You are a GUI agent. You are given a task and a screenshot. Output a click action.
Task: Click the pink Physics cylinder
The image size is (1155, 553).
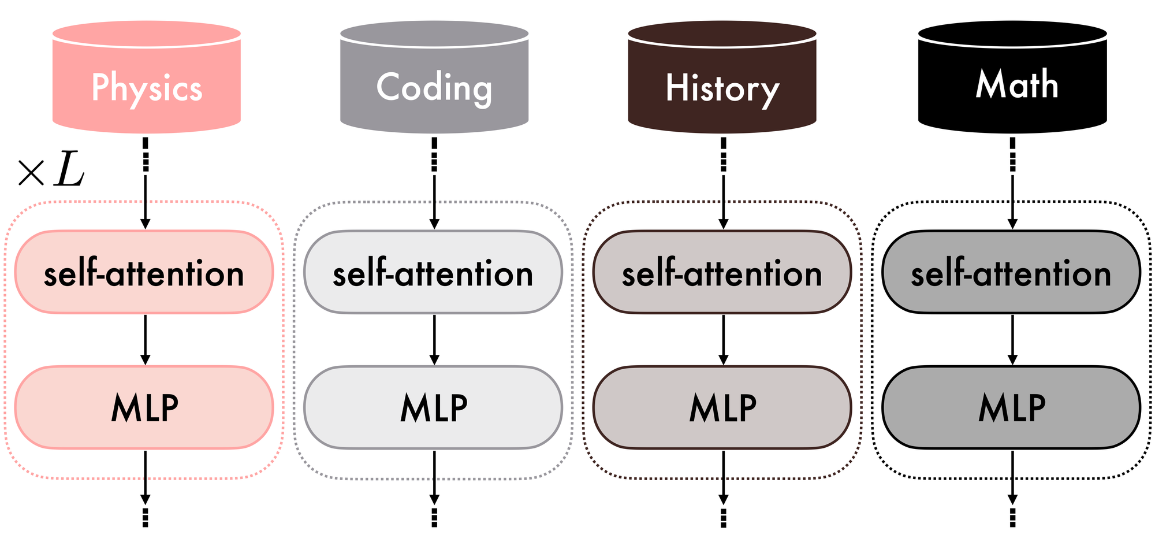point(146,78)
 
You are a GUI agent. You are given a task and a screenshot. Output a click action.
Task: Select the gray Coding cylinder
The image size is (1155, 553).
point(434,78)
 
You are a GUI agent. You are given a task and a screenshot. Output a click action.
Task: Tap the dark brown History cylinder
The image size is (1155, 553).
point(722,78)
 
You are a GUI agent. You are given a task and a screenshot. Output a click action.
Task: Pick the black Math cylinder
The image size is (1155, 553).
point(1012,78)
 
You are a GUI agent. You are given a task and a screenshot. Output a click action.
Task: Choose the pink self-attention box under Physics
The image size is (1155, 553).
point(144,272)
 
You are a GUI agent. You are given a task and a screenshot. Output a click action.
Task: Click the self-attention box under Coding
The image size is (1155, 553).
point(433,272)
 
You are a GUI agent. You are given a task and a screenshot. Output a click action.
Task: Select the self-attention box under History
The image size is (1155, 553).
point(722,272)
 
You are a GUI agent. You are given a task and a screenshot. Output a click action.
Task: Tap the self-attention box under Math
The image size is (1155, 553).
point(1011,272)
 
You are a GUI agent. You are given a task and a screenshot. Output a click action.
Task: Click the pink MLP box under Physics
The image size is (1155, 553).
point(144,407)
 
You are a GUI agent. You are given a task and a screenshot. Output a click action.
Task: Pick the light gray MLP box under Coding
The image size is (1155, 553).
point(433,407)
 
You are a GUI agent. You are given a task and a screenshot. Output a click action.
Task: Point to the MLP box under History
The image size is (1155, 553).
point(722,407)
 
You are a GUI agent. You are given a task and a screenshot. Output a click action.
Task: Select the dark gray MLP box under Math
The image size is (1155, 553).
point(1011,407)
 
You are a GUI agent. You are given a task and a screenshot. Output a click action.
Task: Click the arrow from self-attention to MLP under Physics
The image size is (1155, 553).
point(146,340)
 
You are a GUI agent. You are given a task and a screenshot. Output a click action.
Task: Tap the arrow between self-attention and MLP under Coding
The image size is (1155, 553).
point(434,340)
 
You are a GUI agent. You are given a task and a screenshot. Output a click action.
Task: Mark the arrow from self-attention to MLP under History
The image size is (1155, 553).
point(724,340)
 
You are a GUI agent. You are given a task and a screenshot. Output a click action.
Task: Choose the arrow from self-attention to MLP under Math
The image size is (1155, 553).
point(1012,340)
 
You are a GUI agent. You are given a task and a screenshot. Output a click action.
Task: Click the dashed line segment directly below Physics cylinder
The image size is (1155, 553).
point(146,154)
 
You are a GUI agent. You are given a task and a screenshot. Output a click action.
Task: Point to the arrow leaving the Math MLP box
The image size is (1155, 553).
point(1012,477)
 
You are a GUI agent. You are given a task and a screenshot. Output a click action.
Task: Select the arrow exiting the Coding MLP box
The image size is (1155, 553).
point(434,477)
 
